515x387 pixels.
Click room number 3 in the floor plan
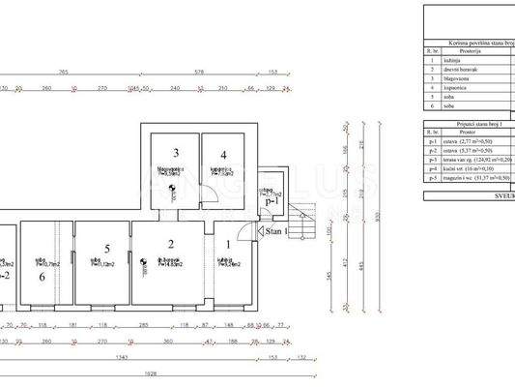(176, 153)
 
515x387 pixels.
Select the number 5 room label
(107, 247)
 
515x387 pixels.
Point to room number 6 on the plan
(43, 276)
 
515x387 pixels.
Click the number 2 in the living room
(170, 244)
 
